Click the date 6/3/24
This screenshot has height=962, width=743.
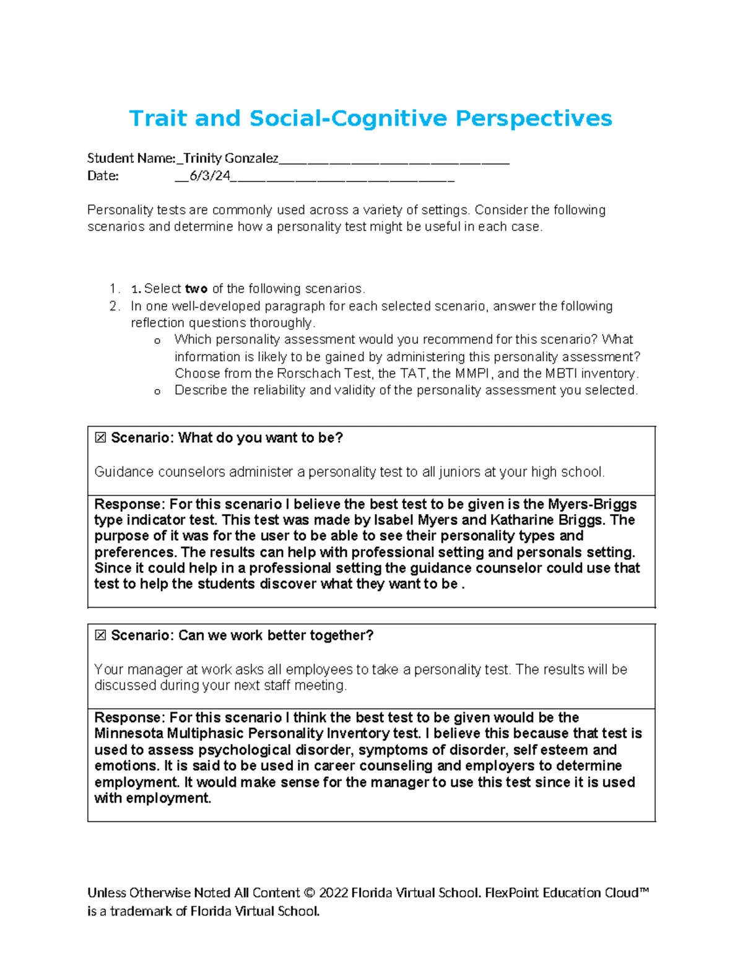click(209, 176)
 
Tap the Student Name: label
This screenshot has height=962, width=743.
click(131, 159)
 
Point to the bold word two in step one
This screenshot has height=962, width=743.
click(196, 289)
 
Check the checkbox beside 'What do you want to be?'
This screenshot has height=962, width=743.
click(100, 438)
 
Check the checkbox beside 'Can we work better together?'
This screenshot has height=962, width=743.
click(100, 636)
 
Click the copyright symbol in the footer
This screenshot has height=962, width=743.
click(309, 893)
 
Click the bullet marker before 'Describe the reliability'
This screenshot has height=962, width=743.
click(157, 391)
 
